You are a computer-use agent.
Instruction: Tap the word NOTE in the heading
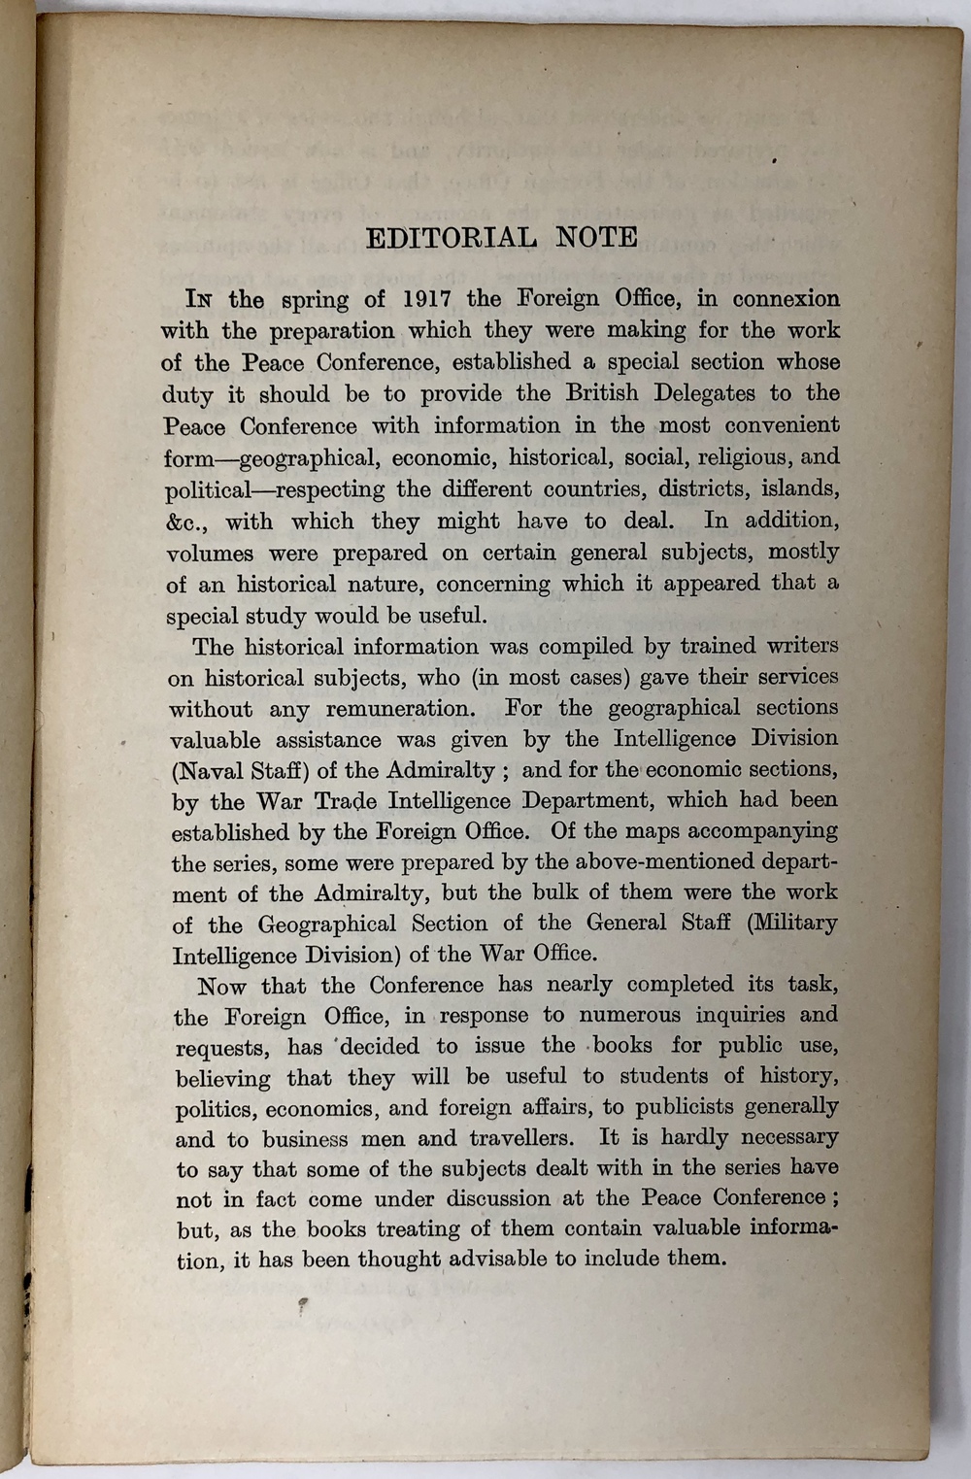(597, 237)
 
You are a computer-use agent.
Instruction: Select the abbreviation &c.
(186, 521)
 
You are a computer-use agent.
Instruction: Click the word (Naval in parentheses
(207, 771)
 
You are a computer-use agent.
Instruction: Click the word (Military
(791, 923)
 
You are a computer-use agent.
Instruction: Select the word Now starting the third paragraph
(221, 987)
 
